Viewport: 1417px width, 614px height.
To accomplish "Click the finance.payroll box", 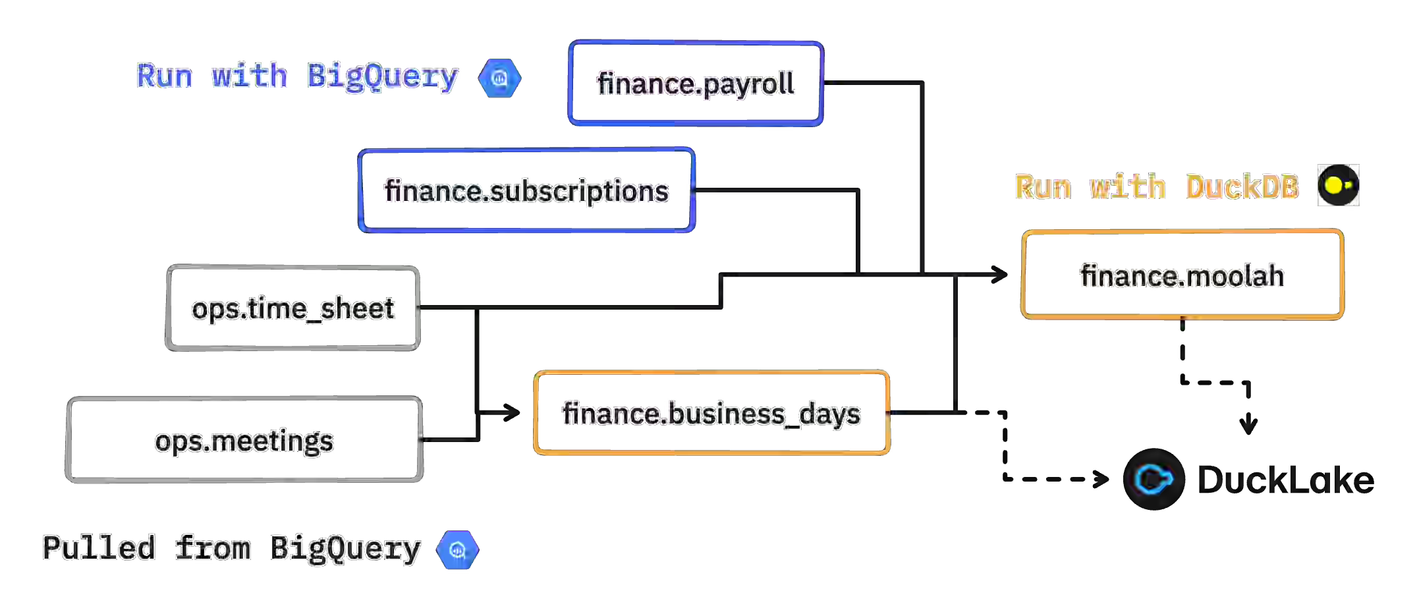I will tap(696, 84).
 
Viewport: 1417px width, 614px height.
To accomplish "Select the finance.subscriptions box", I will tap(526, 190).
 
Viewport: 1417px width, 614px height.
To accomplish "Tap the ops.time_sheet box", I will tap(293, 308).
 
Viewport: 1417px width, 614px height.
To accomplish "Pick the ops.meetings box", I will tap(244, 440).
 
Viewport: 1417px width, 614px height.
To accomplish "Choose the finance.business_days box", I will tap(711, 413).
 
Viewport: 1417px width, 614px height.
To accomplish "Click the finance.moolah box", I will tap(1182, 275).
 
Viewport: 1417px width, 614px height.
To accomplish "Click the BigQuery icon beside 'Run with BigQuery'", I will tap(499, 78).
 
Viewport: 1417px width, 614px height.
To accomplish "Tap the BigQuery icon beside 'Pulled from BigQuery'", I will tap(457, 549).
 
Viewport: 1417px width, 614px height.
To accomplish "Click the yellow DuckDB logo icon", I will tap(1338, 185).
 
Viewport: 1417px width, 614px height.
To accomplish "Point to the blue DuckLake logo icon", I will tap(1153, 479).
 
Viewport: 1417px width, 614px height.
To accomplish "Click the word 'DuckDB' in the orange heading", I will tap(1242, 187).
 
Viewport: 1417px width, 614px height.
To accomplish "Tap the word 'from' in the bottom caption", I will tap(213, 548).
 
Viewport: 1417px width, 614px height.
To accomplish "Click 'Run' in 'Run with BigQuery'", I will tap(165, 76).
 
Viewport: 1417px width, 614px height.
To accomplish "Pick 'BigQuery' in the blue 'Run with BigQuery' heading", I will tap(382, 77).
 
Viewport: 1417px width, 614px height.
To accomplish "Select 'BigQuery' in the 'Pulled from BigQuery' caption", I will tap(345, 549).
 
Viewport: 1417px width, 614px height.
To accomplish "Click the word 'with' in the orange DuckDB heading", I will tap(1128, 187).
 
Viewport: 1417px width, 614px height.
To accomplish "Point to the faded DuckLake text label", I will tap(1281, 480).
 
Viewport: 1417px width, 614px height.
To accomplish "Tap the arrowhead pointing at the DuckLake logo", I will tap(1104, 479).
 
